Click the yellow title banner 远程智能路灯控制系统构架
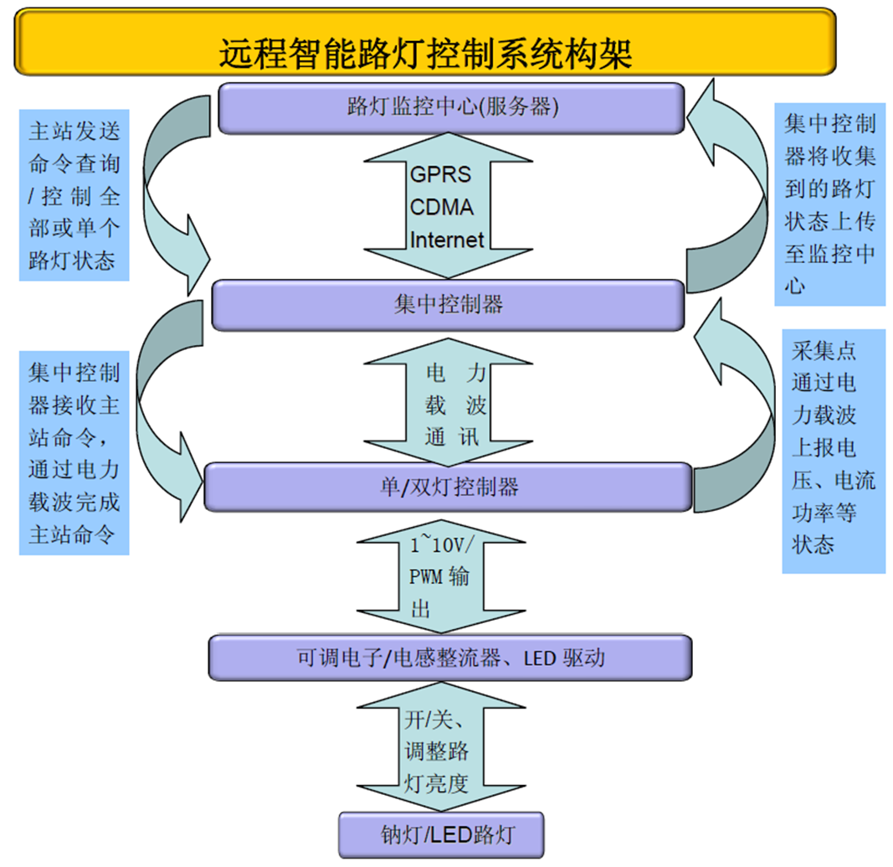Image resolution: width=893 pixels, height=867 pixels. coord(425,42)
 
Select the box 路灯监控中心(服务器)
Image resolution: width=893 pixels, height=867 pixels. coord(451,107)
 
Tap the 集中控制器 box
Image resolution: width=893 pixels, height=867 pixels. coord(448,304)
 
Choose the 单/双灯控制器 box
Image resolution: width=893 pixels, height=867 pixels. coord(448,486)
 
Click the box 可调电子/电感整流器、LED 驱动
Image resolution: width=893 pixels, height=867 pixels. coord(449,658)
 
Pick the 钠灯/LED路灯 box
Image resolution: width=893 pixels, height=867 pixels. coord(441,834)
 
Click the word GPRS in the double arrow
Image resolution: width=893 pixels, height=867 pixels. coord(440,175)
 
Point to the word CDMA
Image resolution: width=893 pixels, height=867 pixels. coord(441,207)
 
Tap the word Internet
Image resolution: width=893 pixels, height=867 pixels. coord(446,240)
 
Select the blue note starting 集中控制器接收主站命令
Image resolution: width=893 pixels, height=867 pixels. coord(74,453)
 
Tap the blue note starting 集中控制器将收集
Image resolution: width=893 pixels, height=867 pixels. coord(829,204)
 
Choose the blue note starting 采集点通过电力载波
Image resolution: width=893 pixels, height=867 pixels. coord(834,450)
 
